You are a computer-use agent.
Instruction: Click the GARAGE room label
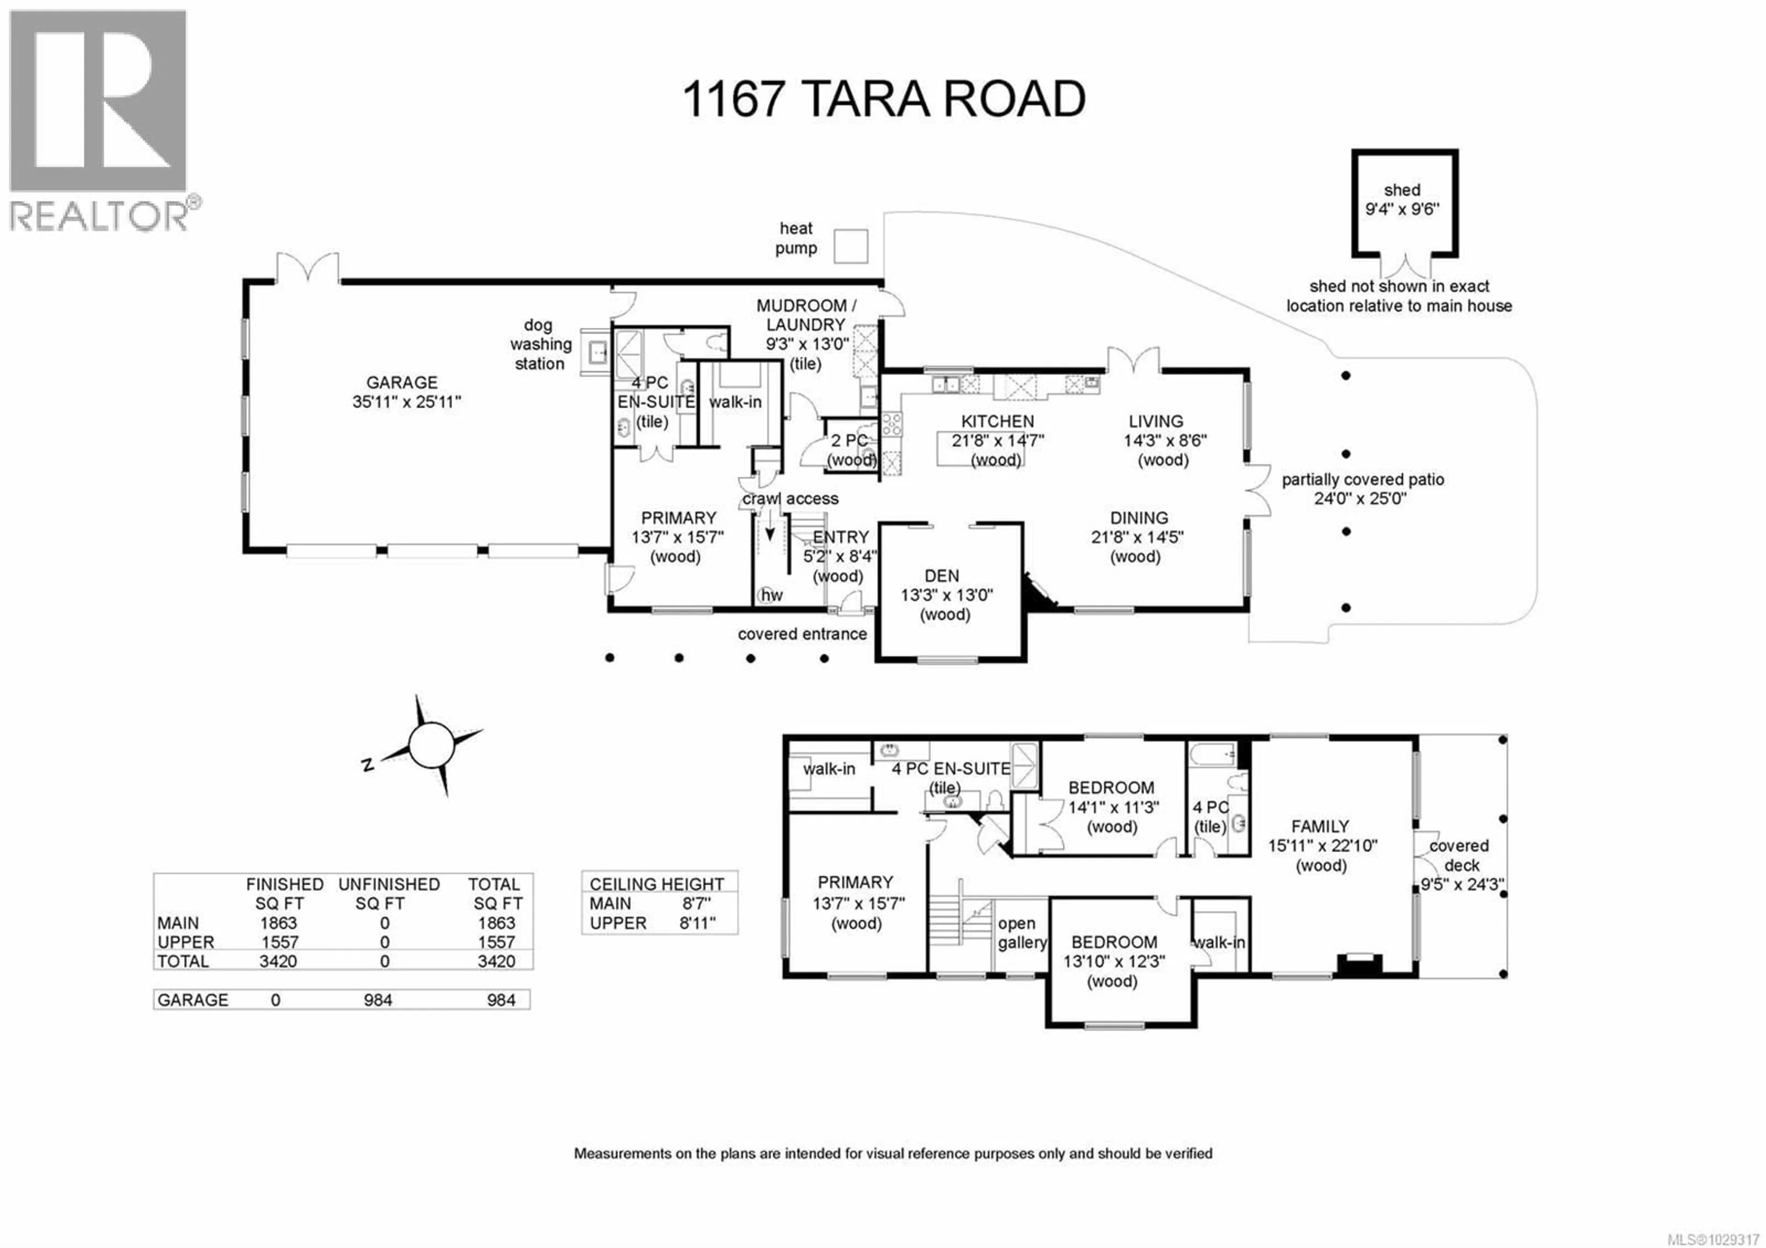(x=401, y=382)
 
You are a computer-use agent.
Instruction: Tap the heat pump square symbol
(x=851, y=246)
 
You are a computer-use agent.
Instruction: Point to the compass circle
(x=432, y=745)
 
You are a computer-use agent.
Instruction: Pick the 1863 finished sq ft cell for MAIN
(x=278, y=923)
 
